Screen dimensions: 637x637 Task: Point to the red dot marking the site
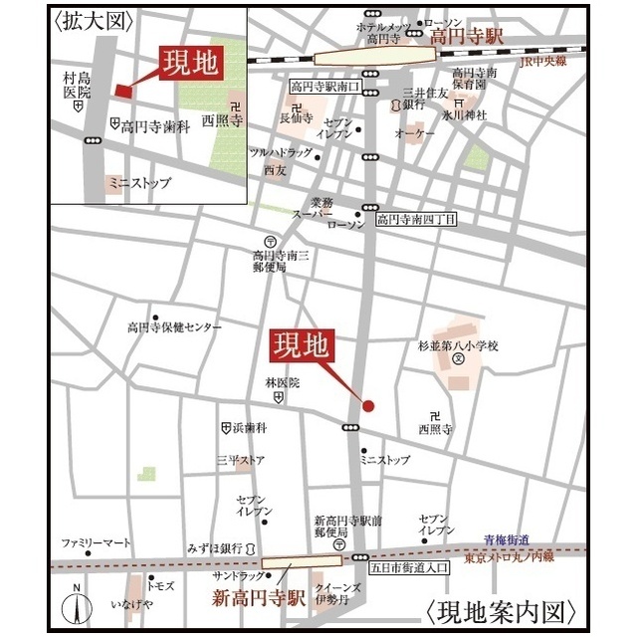pyautogui.click(x=367, y=405)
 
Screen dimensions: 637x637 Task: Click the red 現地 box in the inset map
pyautogui.click(x=192, y=66)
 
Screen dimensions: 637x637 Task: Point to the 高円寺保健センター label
pyautogui.click(x=174, y=326)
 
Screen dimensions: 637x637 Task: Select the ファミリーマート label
pyautogui.click(x=96, y=543)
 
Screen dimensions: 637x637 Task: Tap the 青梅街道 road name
pyautogui.click(x=508, y=539)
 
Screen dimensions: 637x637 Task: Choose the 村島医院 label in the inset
pyautogui.click(x=77, y=85)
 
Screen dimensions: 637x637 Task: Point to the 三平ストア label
pyautogui.click(x=241, y=460)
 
